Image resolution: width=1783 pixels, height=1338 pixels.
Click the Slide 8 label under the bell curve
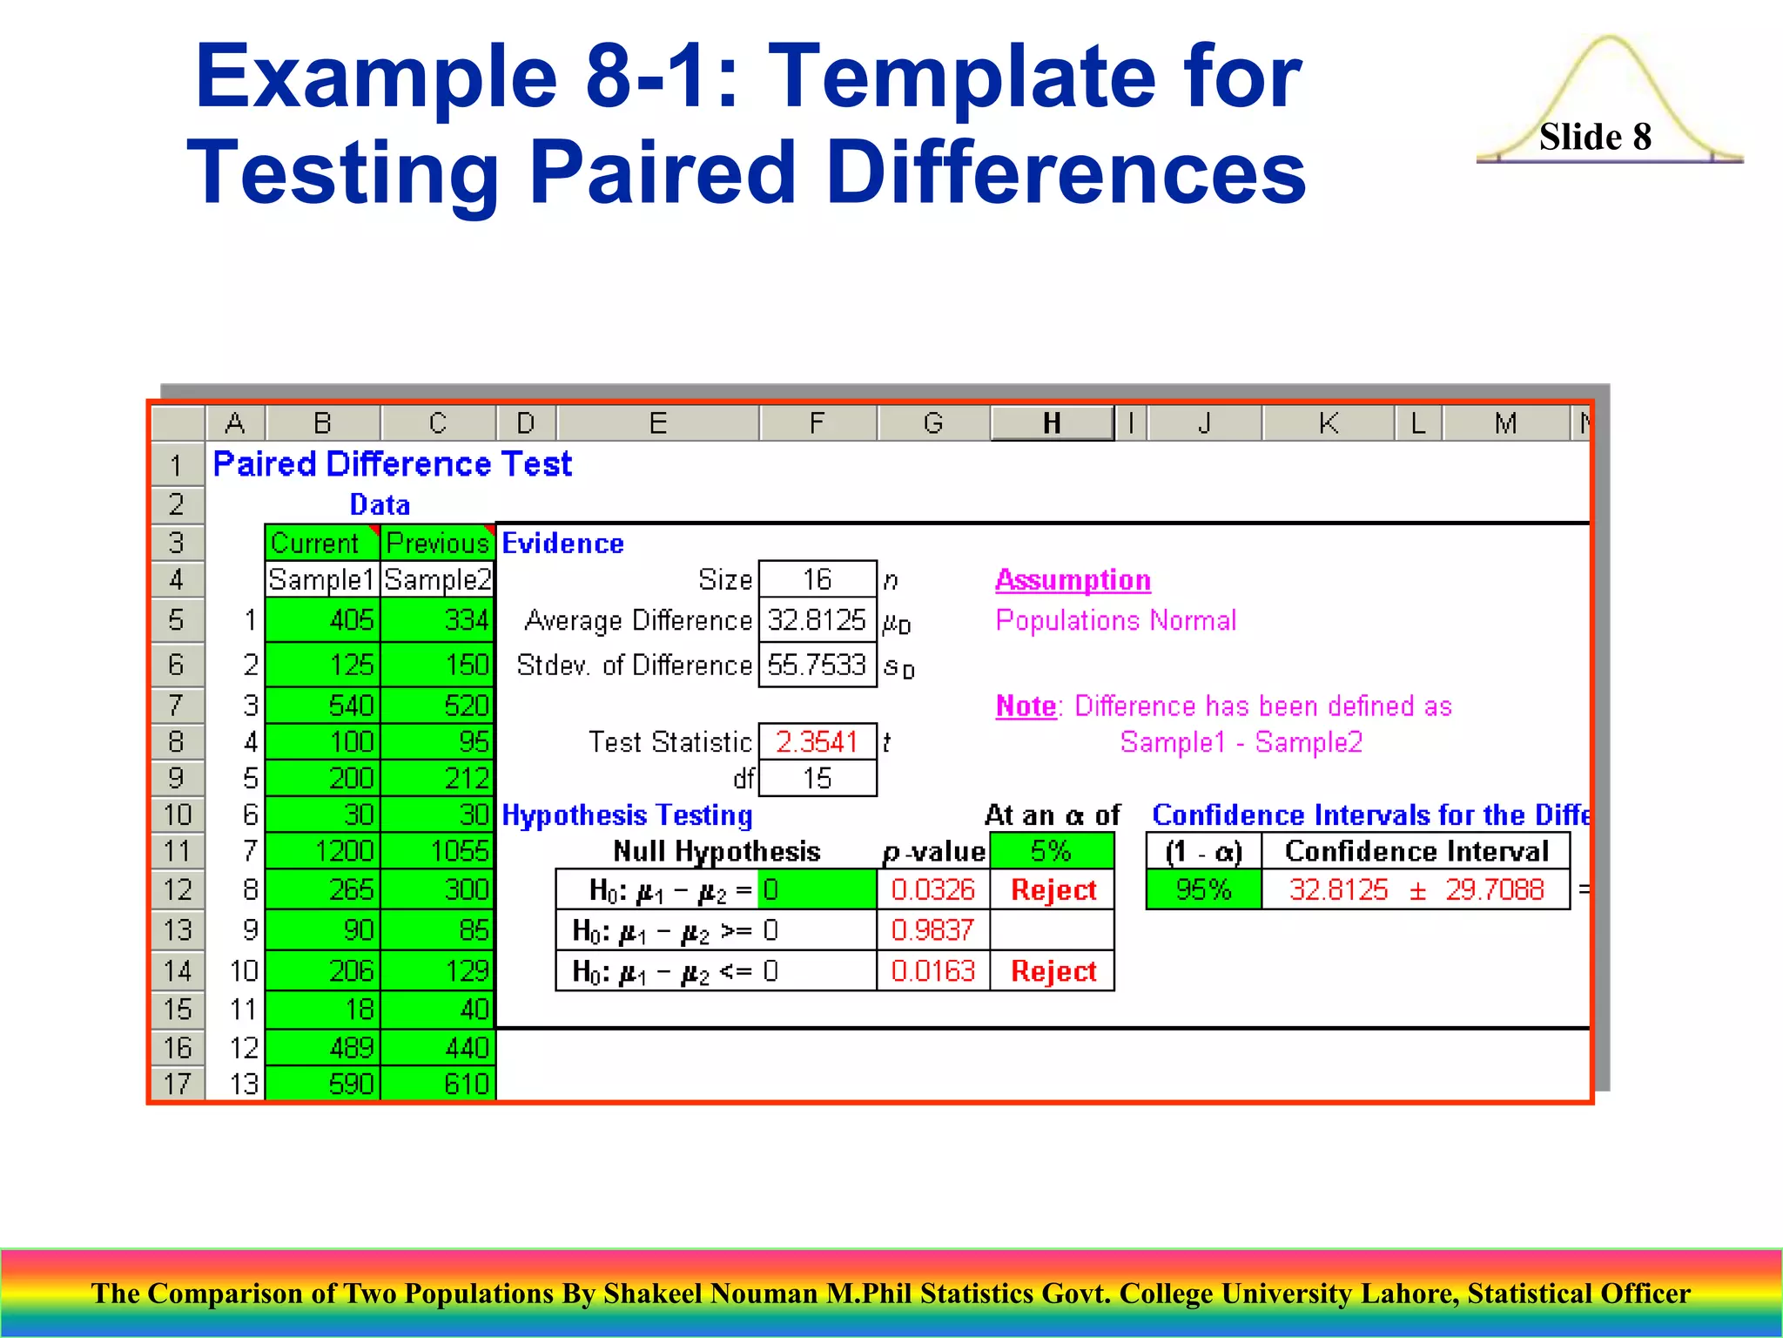[x=1595, y=137]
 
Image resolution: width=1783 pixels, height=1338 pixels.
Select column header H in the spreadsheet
[x=1052, y=423]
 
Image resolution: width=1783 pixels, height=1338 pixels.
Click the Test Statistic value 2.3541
[x=817, y=742]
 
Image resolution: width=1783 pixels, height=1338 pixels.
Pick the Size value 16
[x=817, y=579]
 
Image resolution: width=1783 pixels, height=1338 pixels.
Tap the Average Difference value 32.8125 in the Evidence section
[x=817, y=620]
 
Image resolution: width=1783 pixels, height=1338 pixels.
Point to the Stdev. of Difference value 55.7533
[x=817, y=666]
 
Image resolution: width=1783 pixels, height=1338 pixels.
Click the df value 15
[x=817, y=779]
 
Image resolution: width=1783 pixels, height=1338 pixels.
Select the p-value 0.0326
[x=932, y=889]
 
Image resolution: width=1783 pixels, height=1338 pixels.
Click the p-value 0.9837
[x=932, y=930]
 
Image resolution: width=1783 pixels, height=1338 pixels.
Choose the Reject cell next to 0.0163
[x=1053, y=971]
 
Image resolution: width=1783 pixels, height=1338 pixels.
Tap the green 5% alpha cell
[x=1051, y=851]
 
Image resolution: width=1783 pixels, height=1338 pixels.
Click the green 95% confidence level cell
[x=1203, y=889]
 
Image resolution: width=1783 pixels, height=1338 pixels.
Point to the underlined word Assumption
[x=1073, y=580]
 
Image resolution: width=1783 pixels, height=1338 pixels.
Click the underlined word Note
[x=1026, y=706]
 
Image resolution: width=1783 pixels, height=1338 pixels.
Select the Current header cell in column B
[x=315, y=543]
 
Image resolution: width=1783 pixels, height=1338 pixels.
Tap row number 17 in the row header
[x=177, y=1085]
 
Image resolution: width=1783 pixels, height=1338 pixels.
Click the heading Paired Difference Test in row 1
[x=392, y=464]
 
